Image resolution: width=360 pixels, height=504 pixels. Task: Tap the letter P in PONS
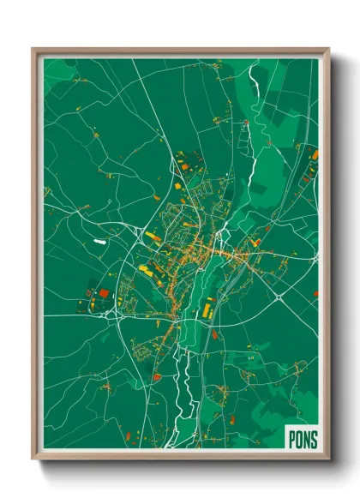pos(290,438)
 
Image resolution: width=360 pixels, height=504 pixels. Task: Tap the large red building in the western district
pos(104,293)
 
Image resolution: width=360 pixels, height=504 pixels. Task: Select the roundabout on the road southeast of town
pos(279,298)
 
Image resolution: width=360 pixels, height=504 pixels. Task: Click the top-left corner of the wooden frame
pos(33,49)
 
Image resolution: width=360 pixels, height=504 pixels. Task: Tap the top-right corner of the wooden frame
pos(328,49)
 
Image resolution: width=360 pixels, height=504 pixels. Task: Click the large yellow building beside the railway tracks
pos(208,303)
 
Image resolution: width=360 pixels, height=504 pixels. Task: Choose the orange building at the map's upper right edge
pos(315,155)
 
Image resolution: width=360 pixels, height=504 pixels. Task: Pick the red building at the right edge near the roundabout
pos(315,294)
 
